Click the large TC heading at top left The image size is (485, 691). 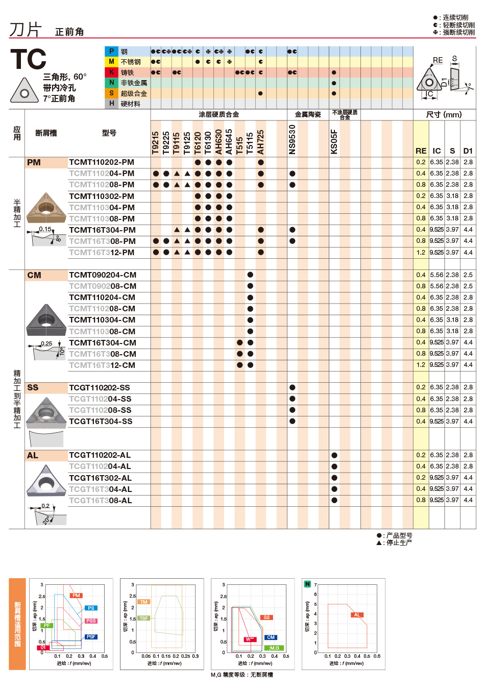pyautogui.click(x=29, y=59)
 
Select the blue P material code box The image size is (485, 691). pyautogui.click(x=111, y=52)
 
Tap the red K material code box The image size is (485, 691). pyautogui.click(x=111, y=72)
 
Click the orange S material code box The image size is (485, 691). pyautogui.click(x=111, y=93)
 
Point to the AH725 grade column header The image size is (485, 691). pyautogui.click(x=260, y=141)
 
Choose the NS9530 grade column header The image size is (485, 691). pyautogui.click(x=292, y=139)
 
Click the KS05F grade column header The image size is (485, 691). pyautogui.click(x=334, y=141)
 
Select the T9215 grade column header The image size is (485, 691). pyautogui.click(x=156, y=142)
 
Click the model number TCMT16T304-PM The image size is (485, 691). pyautogui.click(x=102, y=230)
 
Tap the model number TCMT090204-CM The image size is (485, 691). pyautogui.click(x=103, y=275)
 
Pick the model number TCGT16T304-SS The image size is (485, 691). pyautogui.click(x=101, y=422)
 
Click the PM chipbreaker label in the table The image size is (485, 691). pyautogui.click(x=34, y=163)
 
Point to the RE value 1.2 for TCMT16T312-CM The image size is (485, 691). pyautogui.click(x=421, y=365)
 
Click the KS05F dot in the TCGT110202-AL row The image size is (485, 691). pyautogui.click(x=334, y=455)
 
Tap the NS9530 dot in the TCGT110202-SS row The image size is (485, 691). pyautogui.click(x=292, y=387)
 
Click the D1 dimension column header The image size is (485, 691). pyautogui.click(x=468, y=151)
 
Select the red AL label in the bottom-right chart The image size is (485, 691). pyautogui.click(x=357, y=614)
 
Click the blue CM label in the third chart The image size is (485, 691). pyautogui.click(x=271, y=637)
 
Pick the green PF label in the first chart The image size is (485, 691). pyautogui.click(x=47, y=625)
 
